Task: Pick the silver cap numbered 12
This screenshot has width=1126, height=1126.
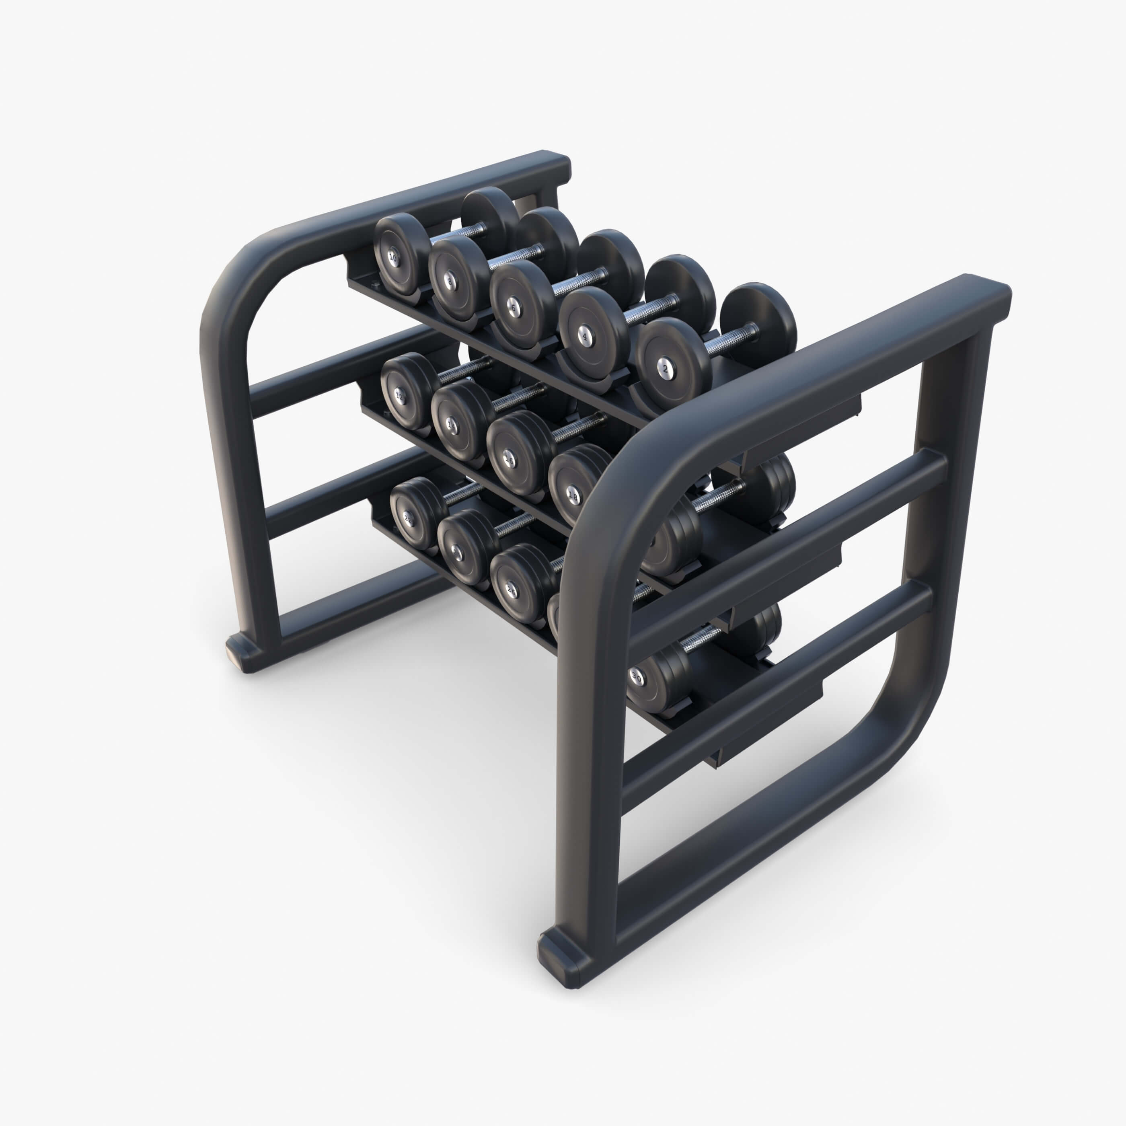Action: click(x=400, y=396)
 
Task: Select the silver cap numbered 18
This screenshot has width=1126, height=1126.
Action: click(x=573, y=497)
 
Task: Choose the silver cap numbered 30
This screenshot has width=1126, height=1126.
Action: click(x=637, y=678)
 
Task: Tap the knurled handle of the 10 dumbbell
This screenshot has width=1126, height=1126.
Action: click(x=460, y=232)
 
